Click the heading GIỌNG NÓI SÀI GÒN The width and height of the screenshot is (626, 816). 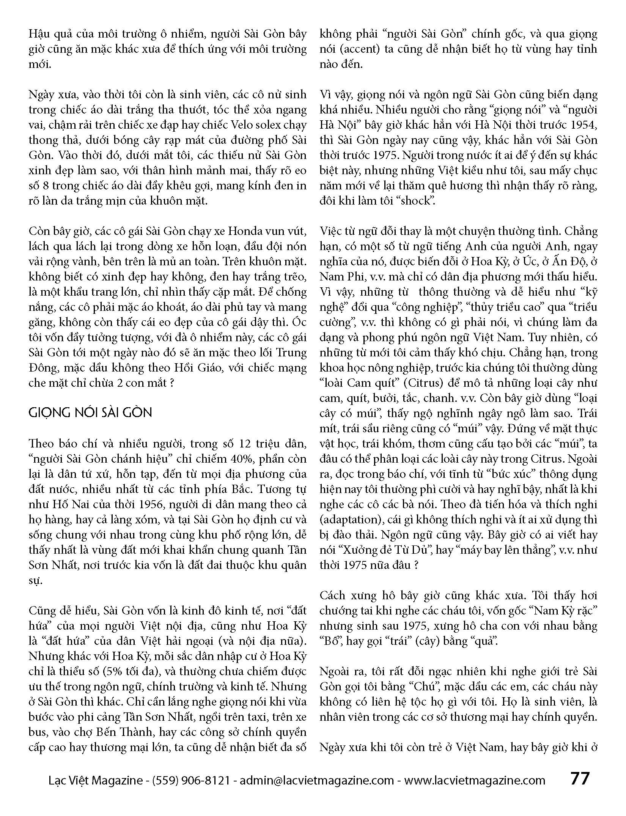click(90, 413)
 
